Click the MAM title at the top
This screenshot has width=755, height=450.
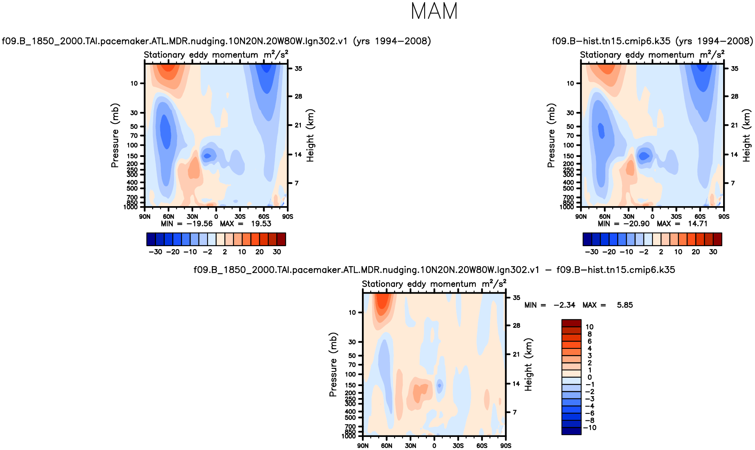tap(434, 12)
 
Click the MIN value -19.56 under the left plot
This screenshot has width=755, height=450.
tap(199, 224)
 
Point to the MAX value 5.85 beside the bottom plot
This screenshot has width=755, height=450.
tap(625, 305)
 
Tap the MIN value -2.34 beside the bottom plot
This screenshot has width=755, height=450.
tap(564, 305)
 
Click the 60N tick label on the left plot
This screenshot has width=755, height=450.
tap(168, 217)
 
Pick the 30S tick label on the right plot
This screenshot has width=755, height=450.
tap(676, 217)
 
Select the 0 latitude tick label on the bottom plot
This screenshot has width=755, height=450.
tap(434, 446)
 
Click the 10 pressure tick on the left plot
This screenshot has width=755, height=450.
tap(134, 83)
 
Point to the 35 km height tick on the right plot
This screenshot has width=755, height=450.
tap(734, 68)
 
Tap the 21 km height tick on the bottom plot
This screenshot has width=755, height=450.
tap(516, 354)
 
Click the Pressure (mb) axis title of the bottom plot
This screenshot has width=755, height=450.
tap(333, 365)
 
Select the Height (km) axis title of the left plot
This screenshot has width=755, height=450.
tap(310, 135)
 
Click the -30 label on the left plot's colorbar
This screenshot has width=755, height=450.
tap(155, 252)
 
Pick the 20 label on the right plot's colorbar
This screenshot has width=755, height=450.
tap(696, 252)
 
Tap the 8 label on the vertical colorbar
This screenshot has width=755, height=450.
tap(590, 334)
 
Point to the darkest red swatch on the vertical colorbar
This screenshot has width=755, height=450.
tap(571, 323)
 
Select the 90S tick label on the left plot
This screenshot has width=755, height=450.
tap(287, 217)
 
